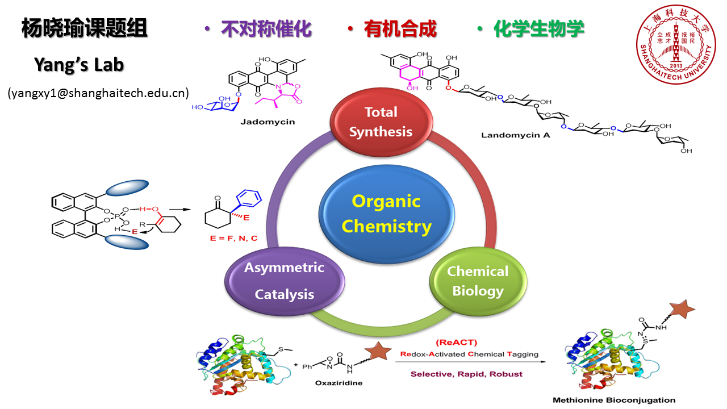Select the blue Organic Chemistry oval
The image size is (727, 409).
point(386,214)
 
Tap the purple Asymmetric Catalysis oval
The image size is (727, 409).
point(285,281)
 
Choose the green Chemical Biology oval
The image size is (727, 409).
point(478,281)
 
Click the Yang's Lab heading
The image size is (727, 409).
point(79,65)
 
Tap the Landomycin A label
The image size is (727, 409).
point(516,135)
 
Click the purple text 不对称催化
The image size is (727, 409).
point(266,29)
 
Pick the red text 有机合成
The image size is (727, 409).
point(400,29)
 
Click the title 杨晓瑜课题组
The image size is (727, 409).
point(85,28)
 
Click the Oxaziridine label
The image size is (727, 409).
point(339,382)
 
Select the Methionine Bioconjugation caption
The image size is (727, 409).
point(614,400)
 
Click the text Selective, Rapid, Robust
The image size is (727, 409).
point(466,374)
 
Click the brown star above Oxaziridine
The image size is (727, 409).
point(374,352)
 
